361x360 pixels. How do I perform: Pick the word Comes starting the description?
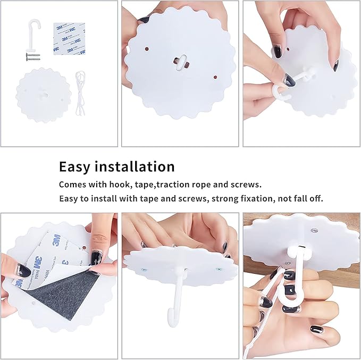[73, 185]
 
